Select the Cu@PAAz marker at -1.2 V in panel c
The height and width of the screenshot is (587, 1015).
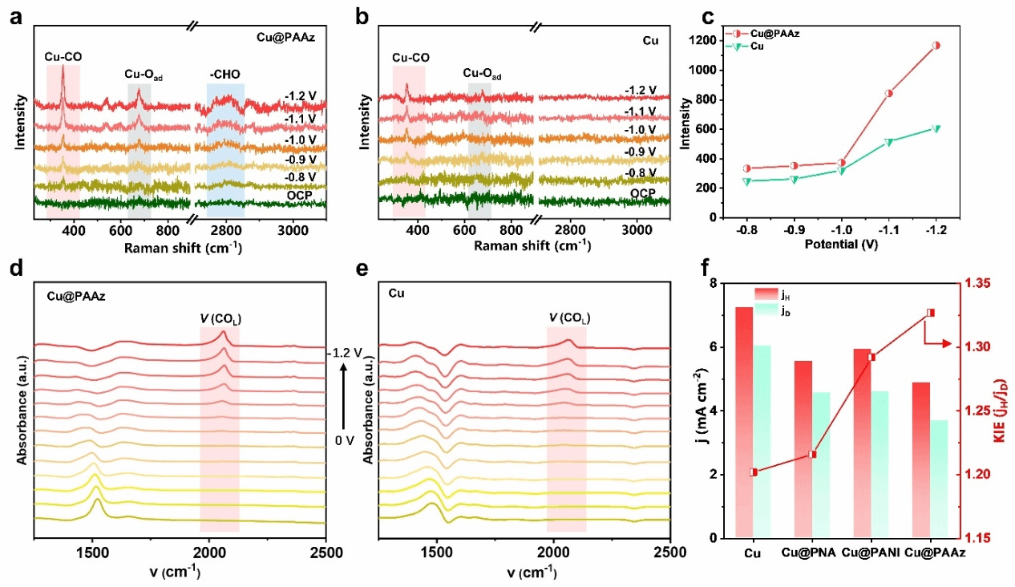pyautogui.click(x=936, y=45)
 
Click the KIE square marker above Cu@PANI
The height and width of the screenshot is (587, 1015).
pyautogui.click(x=871, y=357)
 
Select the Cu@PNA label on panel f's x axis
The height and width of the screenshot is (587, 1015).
pyautogui.click(x=811, y=553)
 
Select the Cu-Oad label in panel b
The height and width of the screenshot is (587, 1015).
pyautogui.click(x=483, y=74)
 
